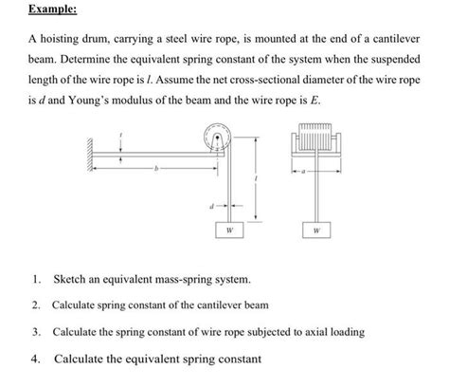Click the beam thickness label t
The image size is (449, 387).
pyautogui.click(x=120, y=138)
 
